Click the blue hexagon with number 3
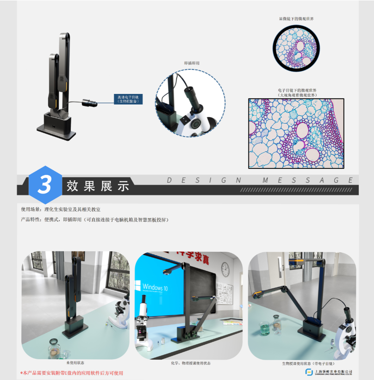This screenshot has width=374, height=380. coord(45,185)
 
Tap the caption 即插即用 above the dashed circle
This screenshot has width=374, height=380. coord(192,63)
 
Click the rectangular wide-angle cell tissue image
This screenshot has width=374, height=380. coord(296,133)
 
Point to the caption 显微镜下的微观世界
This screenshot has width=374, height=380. coord(296,19)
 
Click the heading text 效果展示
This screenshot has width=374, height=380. coord(98,186)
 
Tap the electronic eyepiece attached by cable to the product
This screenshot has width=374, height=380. coord(89,103)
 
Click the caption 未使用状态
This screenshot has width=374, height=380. coord(75,362)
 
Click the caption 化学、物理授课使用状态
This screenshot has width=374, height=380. coord(190,363)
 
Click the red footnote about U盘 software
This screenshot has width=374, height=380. coord(72,373)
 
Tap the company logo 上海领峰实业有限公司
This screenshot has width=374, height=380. coord(329,373)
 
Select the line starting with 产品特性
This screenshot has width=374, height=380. coord(95,220)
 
